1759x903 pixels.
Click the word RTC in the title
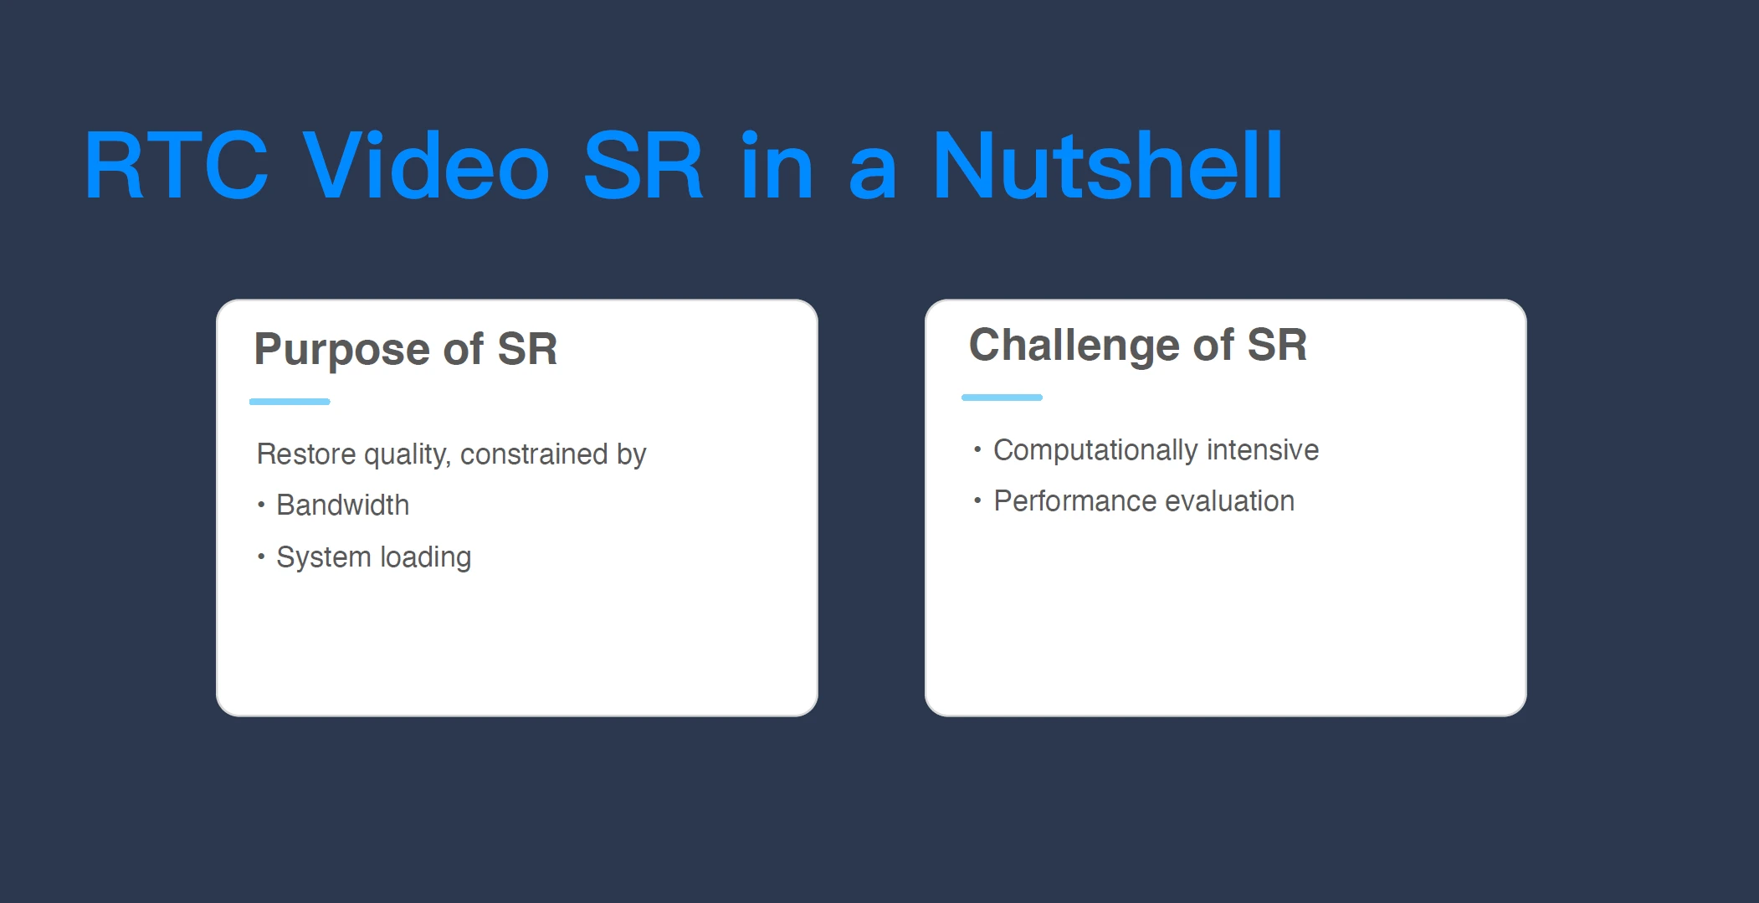point(177,166)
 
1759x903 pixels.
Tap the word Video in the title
point(426,166)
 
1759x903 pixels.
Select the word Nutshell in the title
point(1107,166)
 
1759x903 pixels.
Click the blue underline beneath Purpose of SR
point(290,402)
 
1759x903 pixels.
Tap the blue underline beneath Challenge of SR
point(1002,398)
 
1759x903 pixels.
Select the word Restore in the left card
point(306,454)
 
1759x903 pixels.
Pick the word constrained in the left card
point(534,454)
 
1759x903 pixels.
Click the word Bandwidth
point(343,505)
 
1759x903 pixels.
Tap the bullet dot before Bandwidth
point(261,505)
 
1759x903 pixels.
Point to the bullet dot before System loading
point(261,557)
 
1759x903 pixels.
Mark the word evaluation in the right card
point(1230,501)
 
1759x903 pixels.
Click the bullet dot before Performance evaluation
point(977,500)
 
